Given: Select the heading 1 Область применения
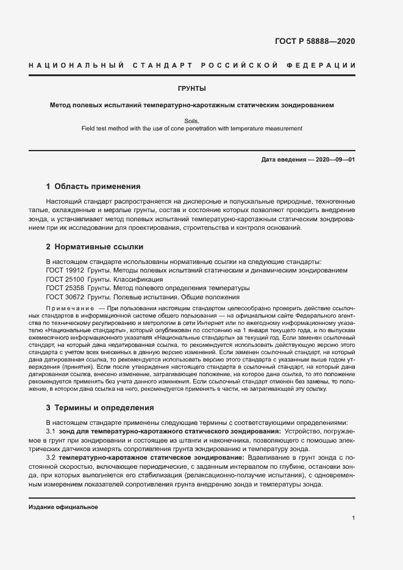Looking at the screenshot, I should [x=93, y=186].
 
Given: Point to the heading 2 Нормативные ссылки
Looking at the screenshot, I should [x=95, y=247].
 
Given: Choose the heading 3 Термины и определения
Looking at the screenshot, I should [x=100, y=407].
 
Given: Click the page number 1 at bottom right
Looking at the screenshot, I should [x=354, y=518].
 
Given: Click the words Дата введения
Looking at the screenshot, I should [x=284, y=160].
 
